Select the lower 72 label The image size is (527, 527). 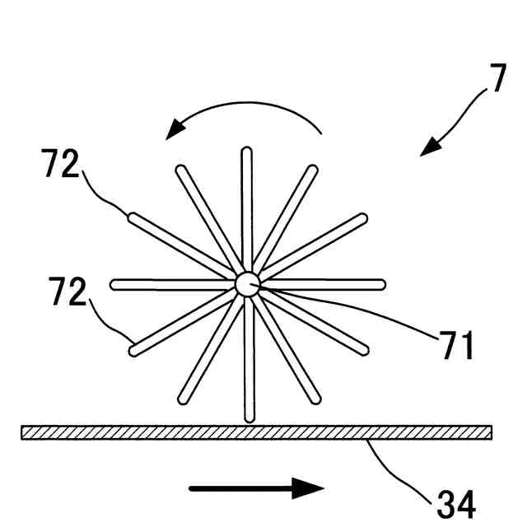point(65,293)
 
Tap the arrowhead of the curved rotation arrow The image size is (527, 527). point(175,131)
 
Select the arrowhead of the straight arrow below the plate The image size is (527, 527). point(309,488)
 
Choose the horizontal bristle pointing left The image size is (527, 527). point(165,285)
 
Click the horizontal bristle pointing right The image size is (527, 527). point(329,285)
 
